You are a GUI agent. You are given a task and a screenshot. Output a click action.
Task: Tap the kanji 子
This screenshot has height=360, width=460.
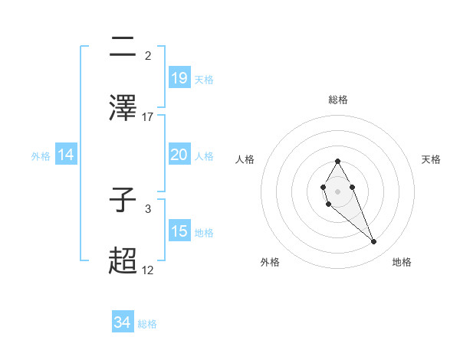tap(123, 201)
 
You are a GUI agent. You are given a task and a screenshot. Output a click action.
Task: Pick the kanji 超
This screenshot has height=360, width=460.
tap(123, 260)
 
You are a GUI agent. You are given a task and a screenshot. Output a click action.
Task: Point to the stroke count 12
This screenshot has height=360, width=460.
tap(148, 270)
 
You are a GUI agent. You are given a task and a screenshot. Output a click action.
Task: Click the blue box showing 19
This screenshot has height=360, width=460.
tap(179, 77)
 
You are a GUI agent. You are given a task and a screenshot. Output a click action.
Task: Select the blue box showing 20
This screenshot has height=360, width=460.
tap(179, 155)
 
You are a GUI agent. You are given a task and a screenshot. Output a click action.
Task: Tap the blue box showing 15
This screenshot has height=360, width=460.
tap(179, 231)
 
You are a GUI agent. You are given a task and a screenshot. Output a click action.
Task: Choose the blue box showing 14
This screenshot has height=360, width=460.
tap(66, 155)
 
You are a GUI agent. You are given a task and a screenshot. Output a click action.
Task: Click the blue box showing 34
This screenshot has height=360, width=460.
tap(122, 322)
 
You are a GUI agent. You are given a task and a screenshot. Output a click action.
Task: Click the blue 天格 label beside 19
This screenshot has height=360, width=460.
tap(204, 79)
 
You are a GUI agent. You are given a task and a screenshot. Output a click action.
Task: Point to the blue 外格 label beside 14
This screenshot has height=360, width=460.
tap(41, 156)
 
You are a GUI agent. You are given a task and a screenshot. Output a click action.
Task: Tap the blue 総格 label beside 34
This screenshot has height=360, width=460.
tap(147, 324)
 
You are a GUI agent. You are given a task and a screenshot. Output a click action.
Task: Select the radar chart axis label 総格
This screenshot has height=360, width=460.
tap(338, 100)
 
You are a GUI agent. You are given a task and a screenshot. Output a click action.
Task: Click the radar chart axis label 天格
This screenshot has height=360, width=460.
tap(431, 159)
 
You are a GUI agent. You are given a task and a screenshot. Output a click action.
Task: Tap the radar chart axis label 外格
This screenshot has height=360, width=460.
tap(270, 262)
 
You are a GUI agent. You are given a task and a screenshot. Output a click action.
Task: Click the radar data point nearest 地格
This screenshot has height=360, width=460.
tap(374, 242)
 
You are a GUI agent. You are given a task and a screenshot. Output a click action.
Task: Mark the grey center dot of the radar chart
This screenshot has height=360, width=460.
tap(337, 190)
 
